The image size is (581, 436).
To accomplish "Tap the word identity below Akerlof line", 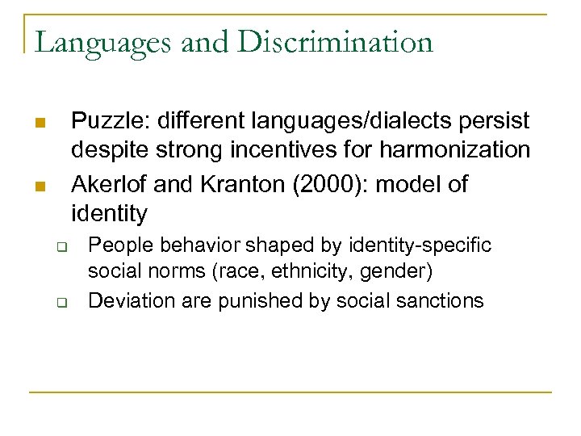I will pyautogui.click(x=110, y=215).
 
